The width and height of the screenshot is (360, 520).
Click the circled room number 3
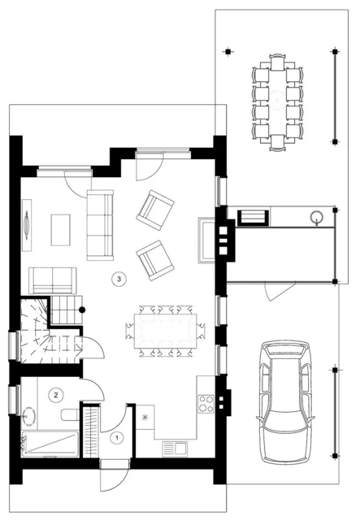coord(119,279)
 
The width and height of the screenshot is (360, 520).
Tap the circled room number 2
coord(56,395)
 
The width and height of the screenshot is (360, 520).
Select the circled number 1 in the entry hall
coord(116,438)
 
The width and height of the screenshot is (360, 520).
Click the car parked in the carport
coord(285,401)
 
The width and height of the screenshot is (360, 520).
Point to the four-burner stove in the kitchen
coord(206,404)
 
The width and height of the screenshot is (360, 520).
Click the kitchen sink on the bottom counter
coord(175,448)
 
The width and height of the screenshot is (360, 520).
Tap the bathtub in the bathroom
coord(50,444)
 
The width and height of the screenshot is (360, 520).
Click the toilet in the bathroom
coord(71,414)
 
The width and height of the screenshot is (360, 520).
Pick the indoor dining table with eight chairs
coord(165,331)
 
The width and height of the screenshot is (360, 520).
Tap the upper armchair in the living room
coord(155,210)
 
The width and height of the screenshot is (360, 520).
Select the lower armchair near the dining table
coord(155,260)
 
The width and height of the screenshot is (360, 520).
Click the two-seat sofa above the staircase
coord(53,280)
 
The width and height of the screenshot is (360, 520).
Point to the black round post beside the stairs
coord(82,310)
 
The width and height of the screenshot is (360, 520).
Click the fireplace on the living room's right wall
coord(206,240)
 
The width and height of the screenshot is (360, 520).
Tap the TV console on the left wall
coord(27,225)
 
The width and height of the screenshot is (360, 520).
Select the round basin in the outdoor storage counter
coord(316,217)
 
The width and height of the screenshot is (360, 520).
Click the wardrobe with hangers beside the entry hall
coord(91,431)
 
